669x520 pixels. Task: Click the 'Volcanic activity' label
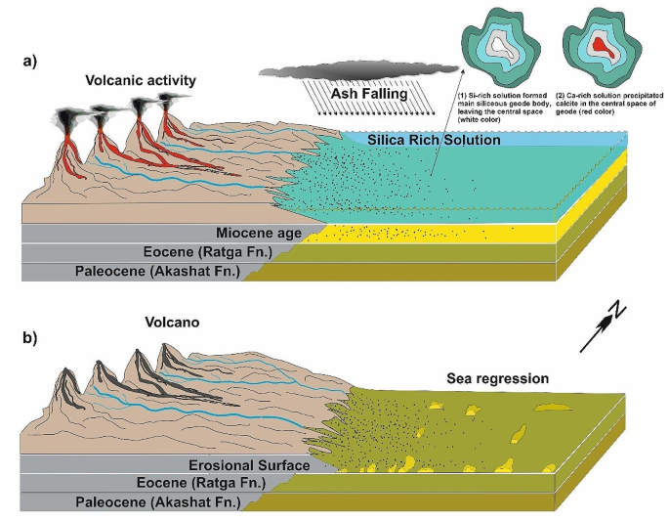[x=141, y=79]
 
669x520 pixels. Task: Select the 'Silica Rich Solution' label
[x=434, y=140]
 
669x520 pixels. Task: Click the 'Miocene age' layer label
[x=265, y=235]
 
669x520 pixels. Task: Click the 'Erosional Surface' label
[x=252, y=465]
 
